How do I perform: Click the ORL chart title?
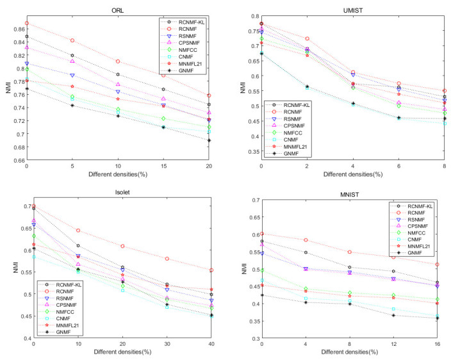click(118, 7)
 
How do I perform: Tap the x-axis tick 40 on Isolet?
click(209, 345)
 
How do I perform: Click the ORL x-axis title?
click(118, 175)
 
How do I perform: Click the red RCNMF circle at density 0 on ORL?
click(26, 23)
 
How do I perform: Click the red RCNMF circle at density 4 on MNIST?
click(306, 240)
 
